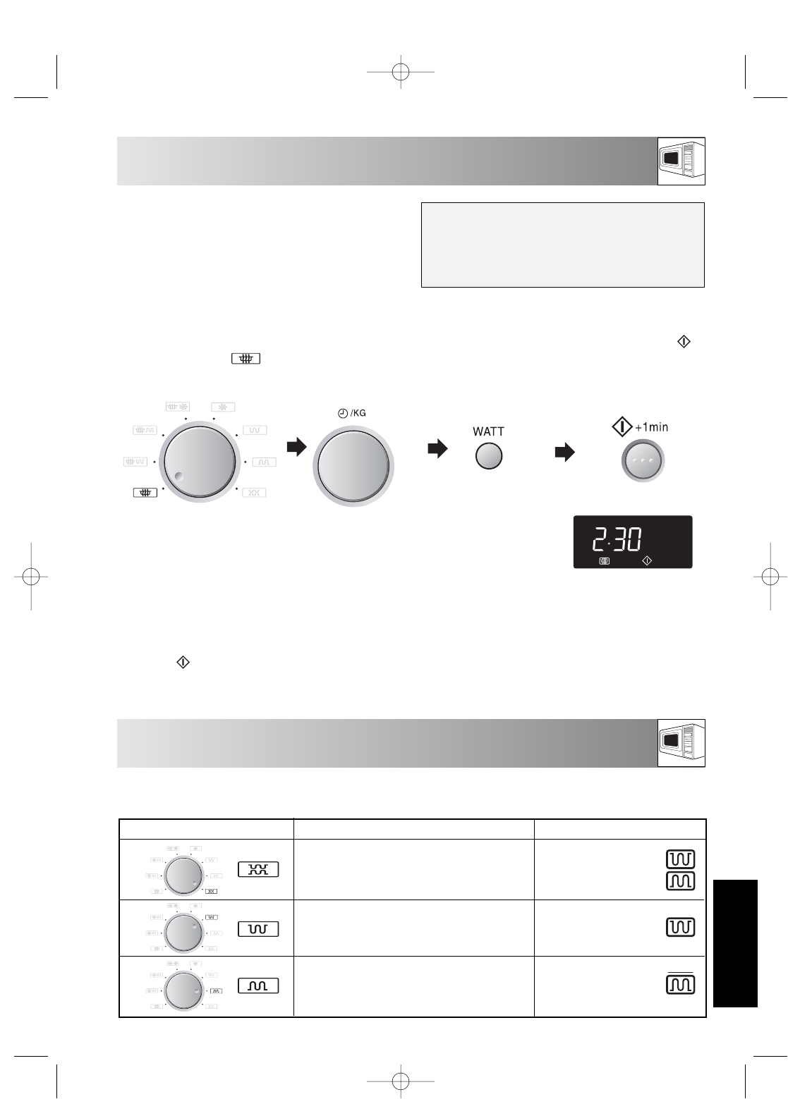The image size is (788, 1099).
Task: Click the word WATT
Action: pyautogui.click(x=488, y=431)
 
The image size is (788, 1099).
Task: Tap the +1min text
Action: pyautogui.click(x=652, y=427)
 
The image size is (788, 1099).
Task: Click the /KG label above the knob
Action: pyautogui.click(x=358, y=413)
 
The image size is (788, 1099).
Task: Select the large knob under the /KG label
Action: pyautogui.click(x=353, y=466)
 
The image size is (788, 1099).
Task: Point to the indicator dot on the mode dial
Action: pyautogui.click(x=179, y=476)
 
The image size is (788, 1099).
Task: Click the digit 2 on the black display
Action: pyautogui.click(x=600, y=539)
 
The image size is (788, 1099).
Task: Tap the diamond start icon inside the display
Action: pyautogui.click(x=647, y=560)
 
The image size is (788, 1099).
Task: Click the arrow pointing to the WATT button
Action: pyautogui.click(x=437, y=448)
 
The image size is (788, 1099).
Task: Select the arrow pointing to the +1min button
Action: pyautogui.click(x=564, y=452)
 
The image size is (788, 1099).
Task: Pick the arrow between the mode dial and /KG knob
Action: pyautogui.click(x=296, y=447)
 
